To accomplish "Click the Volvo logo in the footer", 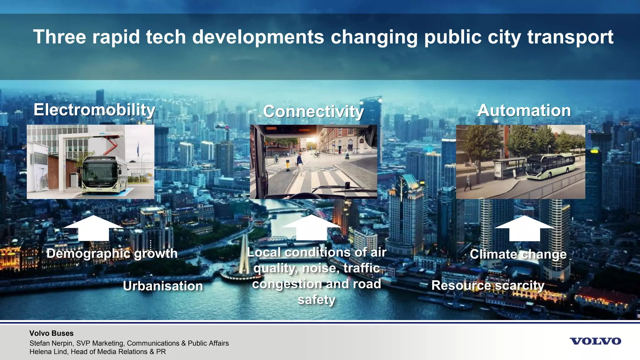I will (595, 341).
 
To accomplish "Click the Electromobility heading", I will (94, 110).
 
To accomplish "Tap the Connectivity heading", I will (313, 111).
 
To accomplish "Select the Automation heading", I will (524, 110).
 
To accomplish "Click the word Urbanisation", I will (163, 286).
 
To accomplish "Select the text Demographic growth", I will (112, 253).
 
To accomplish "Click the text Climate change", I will (518, 254).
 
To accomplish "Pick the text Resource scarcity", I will (488, 285).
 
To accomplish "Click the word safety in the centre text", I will (316, 300).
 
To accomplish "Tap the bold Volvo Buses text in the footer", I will (52, 333).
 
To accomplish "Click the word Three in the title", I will (59, 37).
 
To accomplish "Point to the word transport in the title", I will (570, 37).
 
